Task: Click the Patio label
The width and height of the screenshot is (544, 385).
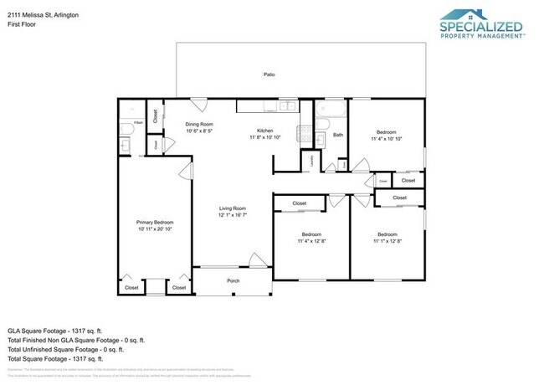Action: [269, 74]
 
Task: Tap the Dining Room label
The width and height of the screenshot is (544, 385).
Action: [199, 124]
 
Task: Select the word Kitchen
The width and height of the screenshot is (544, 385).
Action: [265, 131]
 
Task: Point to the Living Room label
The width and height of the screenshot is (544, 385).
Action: [232, 208]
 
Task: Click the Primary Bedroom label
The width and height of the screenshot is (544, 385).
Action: [155, 222]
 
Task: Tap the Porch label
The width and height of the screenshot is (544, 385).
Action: [234, 280]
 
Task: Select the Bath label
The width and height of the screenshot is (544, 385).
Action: [338, 134]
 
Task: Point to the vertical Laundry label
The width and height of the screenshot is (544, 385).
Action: [313, 160]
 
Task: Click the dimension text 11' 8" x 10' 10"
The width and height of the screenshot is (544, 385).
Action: [265, 137]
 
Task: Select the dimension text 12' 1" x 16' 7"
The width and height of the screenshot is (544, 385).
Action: [232, 215]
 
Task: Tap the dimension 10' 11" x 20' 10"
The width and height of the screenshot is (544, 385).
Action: [155, 228]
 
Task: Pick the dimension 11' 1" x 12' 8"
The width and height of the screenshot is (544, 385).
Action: [387, 241]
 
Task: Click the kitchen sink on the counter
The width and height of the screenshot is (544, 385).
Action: [286, 106]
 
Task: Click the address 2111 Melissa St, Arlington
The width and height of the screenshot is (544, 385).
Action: [44, 14]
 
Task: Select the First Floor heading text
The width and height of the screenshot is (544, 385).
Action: [23, 25]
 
